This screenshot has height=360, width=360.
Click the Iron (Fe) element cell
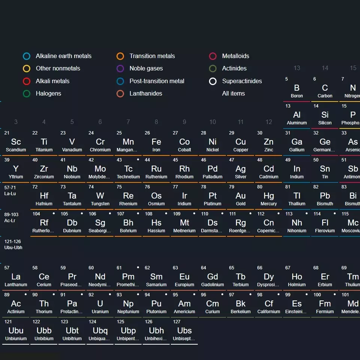[156, 143]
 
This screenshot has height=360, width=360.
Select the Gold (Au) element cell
[240, 197]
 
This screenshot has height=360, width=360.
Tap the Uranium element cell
[100, 305]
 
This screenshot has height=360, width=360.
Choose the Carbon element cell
[325, 89]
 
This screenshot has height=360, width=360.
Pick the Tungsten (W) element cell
[100, 197]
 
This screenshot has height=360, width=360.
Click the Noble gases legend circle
[120, 69]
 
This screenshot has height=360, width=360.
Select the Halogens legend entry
[48, 94]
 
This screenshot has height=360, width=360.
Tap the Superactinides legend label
[242, 81]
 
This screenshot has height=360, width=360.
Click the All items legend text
[233, 94]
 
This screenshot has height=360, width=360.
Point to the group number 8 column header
[156, 122]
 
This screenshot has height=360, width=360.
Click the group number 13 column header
[297, 68]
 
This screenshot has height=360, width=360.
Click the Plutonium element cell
[156, 305]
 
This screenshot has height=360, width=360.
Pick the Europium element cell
[184, 278]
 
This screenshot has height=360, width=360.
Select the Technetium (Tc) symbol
[128, 169]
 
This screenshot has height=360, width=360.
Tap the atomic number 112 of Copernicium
[261, 214]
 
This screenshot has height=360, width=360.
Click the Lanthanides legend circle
[120, 94]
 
